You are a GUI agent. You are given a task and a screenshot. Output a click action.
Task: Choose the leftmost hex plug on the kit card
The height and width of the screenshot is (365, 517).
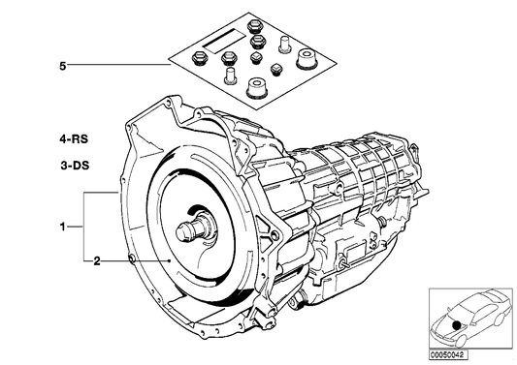200,54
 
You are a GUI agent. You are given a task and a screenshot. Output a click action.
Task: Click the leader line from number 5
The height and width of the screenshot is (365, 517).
116,68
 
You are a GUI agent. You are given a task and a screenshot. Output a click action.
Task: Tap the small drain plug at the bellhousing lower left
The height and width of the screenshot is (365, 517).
132,258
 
